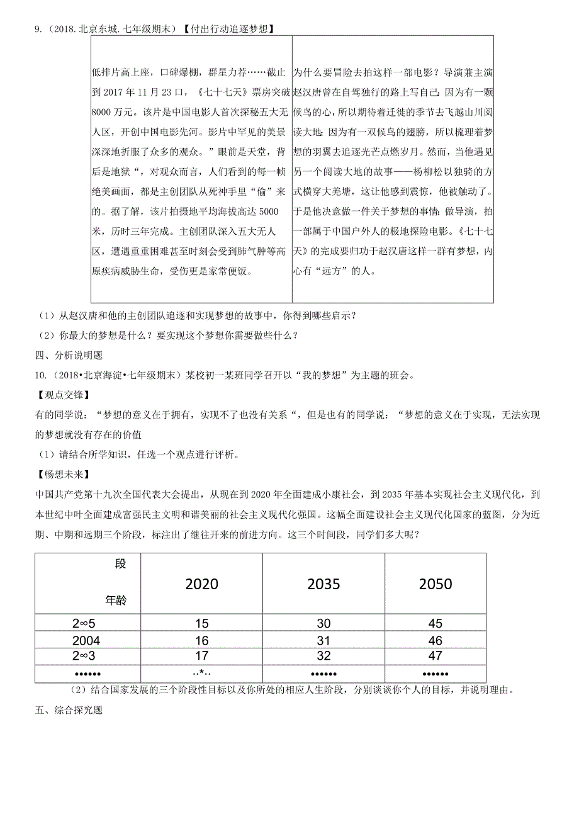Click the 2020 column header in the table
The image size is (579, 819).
(x=202, y=584)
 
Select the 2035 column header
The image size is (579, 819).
(x=323, y=584)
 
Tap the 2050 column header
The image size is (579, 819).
(x=436, y=584)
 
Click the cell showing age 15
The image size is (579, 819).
(x=202, y=624)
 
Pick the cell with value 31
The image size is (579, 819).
(x=323, y=640)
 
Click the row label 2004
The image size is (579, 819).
(x=87, y=640)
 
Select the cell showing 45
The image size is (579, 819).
(x=436, y=624)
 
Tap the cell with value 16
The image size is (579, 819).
(x=202, y=640)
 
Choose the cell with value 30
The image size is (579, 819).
(x=323, y=624)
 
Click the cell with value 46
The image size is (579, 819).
(x=436, y=640)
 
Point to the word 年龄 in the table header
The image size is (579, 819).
(x=116, y=601)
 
